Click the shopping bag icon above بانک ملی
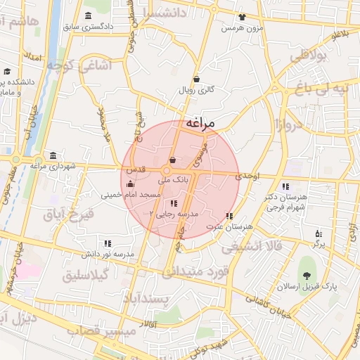coord(173,161)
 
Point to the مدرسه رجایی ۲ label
coord(175,212)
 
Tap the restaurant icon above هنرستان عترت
coord(229,216)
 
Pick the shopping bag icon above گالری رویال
coord(196,79)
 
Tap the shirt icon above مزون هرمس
coord(243,17)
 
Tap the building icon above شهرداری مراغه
coord(53,155)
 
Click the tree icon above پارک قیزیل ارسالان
coord(306,276)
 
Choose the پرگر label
coord(319,243)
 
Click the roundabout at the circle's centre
coord(167,171)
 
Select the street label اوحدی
coord(249,176)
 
